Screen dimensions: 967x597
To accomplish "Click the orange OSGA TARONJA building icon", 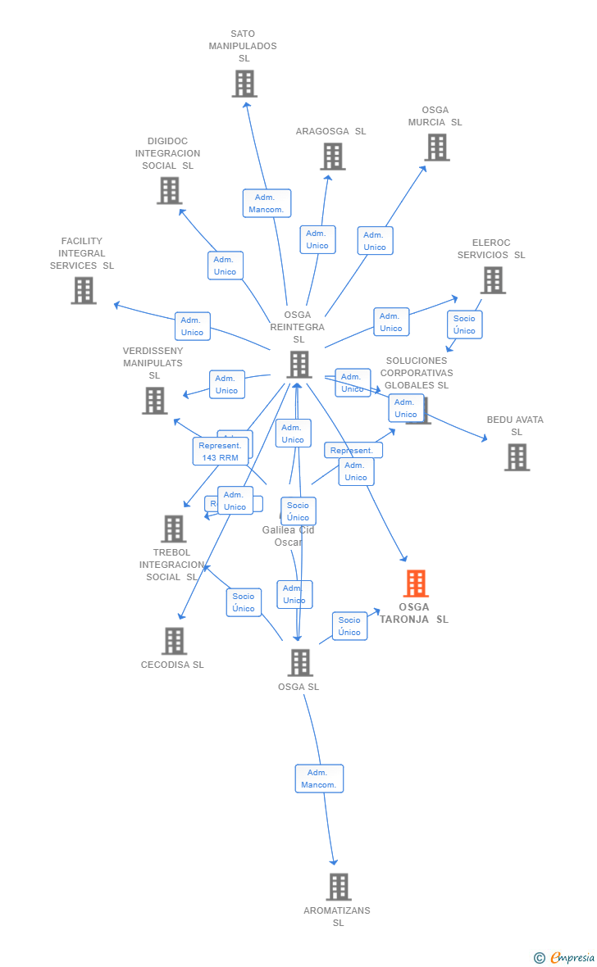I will click(x=416, y=583).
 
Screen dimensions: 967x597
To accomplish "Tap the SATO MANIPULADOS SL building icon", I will click(x=244, y=84).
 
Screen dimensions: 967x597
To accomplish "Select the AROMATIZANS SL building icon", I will click(x=338, y=887).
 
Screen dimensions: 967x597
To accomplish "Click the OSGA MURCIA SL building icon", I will click(x=437, y=148).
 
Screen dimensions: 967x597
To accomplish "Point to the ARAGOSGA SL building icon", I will click(x=332, y=157).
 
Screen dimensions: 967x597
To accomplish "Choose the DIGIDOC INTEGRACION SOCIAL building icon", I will click(x=169, y=190).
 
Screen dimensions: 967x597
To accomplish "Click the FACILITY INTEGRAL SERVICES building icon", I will click(x=83, y=290).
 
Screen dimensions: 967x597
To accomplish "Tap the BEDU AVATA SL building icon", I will click(x=517, y=457).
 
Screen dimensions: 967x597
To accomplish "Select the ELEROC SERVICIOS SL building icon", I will click(x=492, y=280).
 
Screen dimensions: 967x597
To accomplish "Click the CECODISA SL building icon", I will click(x=174, y=641).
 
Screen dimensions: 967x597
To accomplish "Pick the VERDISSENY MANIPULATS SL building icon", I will click(x=154, y=401).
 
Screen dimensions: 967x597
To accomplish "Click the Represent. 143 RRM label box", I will click(x=220, y=452).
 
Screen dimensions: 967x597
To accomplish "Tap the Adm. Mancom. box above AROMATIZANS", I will click(x=319, y=779).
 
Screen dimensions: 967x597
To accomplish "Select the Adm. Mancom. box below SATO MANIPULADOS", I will click(x=267, y=203).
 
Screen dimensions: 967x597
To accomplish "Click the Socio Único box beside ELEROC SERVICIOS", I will click(x=464, y=325).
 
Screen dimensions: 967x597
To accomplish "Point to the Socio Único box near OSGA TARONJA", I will click(x=349, y=626).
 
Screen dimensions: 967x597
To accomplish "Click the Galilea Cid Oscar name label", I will click(x=288, y=536).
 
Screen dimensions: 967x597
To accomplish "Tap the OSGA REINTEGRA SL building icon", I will click(x=298, y=365).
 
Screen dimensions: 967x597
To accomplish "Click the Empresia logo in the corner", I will click(x=565, y=957).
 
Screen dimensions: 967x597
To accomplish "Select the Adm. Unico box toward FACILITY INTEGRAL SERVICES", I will click(x=192, y=326).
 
